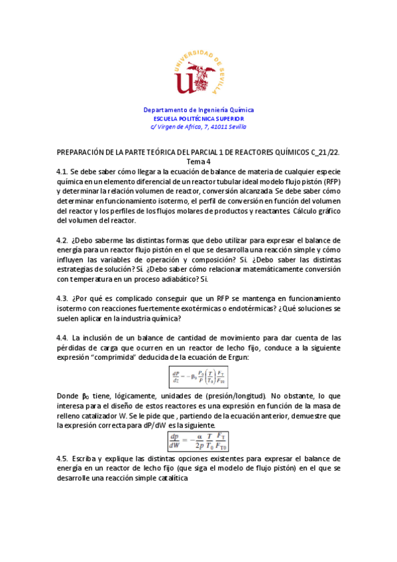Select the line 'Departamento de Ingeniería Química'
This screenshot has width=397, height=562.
point(198,110)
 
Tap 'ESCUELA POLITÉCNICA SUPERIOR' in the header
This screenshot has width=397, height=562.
point(198,119)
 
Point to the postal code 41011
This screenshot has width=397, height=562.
point(214,127)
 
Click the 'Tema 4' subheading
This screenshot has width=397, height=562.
point(198,161)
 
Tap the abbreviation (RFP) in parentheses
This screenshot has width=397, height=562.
point(329,181)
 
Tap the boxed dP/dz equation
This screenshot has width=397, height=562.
point(198,376)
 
